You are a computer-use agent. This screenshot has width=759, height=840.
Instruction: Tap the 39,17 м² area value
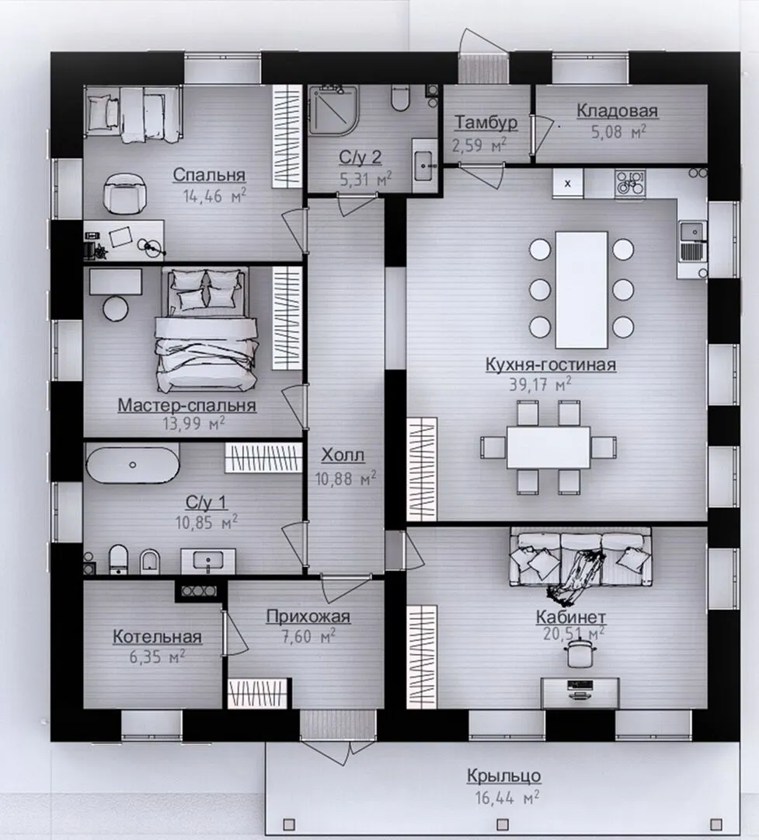tap(540, 384)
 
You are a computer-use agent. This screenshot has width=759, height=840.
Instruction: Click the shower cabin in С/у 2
tap(333, 110)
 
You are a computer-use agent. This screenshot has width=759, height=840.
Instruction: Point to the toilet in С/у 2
tap(400, 97)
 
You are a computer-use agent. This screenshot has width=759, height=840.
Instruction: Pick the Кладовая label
tap(617, 110)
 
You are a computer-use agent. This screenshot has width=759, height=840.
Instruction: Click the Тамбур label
tap(486, 123)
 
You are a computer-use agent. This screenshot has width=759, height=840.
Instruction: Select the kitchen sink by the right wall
tap(693, 241)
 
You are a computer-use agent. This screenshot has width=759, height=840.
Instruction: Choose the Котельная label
tap(158, 636)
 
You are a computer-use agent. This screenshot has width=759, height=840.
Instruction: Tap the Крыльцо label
tap(503, 775)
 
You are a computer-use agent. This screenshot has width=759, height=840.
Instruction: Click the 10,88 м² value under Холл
tap(345, 478)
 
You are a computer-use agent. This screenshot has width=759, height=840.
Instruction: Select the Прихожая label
tap(308, 616)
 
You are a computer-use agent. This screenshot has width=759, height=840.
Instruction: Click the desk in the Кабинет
tap(580, 693)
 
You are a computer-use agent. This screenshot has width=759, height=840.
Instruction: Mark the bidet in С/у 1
tap(150, 561)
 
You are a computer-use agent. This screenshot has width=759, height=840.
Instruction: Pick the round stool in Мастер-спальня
tap(116, 309)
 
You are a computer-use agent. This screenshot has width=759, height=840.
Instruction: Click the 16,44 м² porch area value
tap(507, 797)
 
